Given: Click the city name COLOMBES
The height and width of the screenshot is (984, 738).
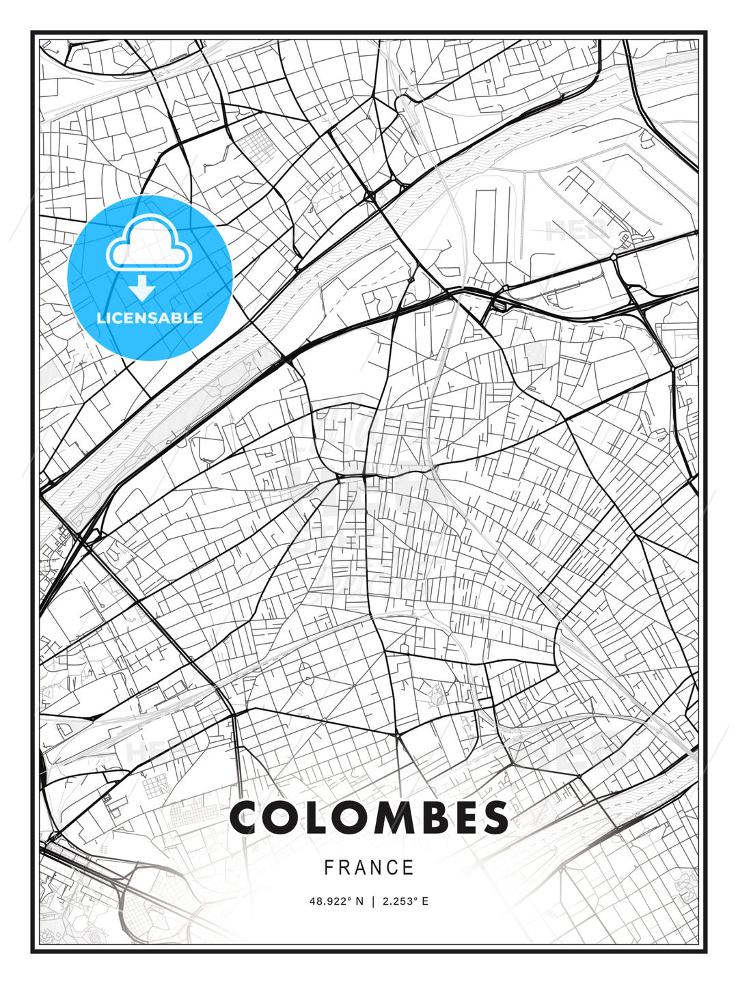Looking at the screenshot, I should point(369,818).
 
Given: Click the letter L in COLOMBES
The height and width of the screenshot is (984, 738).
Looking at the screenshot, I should point(316,818).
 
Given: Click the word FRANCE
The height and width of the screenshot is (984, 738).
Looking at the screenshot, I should point(369,868).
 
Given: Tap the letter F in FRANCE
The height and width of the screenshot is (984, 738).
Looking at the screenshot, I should point(329,868).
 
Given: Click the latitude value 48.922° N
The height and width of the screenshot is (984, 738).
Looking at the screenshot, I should point(338,901).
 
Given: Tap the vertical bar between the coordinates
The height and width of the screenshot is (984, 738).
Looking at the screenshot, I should point(373,901).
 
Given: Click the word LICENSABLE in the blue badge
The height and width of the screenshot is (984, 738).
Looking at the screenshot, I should point(150,318).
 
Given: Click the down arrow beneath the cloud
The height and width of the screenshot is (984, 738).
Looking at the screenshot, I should point(143,288).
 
